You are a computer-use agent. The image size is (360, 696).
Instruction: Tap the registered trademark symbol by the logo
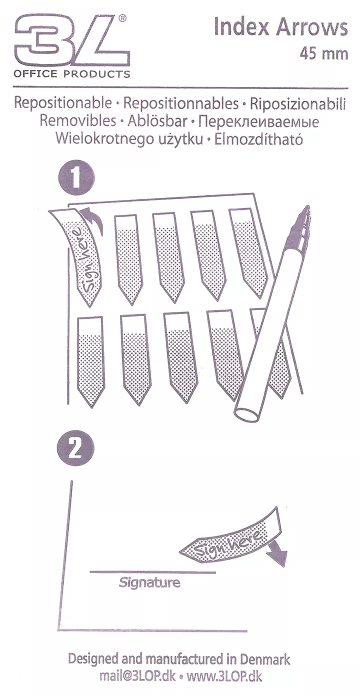point(122,19)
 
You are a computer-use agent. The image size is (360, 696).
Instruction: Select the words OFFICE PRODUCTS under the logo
point(72,74)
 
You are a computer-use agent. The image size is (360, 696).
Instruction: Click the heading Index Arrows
point(281,27)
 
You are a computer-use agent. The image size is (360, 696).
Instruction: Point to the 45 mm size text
point(323,54)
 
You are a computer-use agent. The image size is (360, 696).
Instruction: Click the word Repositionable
point(63,103)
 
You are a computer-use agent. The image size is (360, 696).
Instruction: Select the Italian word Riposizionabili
point(298,104)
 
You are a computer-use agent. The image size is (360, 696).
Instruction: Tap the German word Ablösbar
point(157,121)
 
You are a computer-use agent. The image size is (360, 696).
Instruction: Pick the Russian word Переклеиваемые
point(258,122)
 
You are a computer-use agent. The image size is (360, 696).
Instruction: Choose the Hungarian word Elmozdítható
point(258,139)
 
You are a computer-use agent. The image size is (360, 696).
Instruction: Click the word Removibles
point(78,121)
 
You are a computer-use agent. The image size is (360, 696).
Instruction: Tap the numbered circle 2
point(75,447)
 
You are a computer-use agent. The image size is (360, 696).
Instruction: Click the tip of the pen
point(307,206)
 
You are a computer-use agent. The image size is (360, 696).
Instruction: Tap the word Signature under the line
point(149,582)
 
